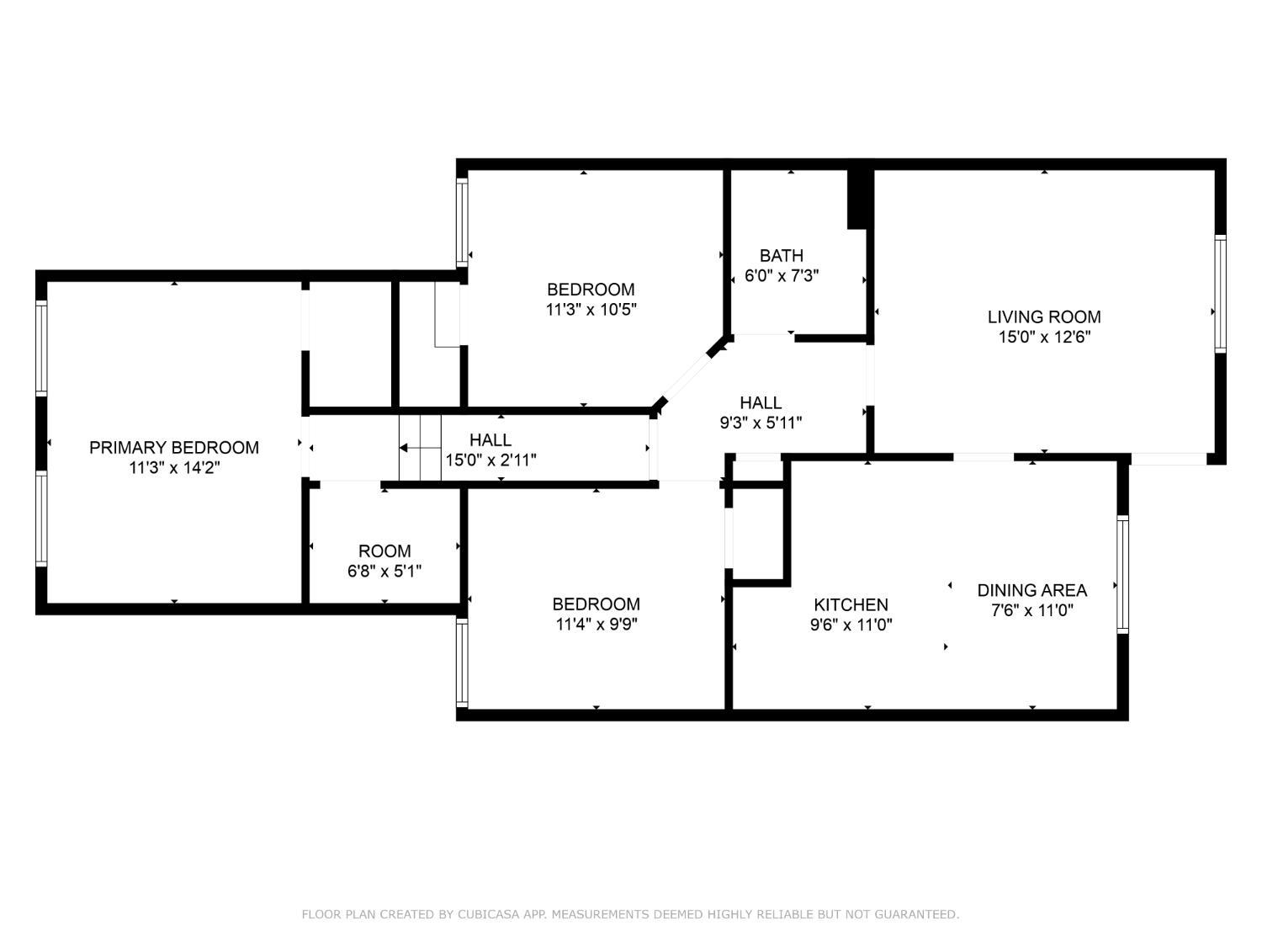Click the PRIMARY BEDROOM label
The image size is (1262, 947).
[x=174, y=448]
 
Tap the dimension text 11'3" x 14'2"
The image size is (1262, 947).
[x=174, y=468]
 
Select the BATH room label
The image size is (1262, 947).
[x=781, y=256]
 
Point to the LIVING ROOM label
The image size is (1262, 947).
[x=1043, y=317]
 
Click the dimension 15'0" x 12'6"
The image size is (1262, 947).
[x=1043, y=338]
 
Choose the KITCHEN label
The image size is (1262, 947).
[x=851, y=605]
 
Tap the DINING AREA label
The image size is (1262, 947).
[x=1031, y=591]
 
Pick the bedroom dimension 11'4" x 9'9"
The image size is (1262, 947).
[x=596, y=625]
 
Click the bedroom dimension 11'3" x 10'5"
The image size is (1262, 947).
[x=591, y=310]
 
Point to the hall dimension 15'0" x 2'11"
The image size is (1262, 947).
[x=490, y=460]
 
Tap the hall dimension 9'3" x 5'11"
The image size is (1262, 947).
[x=761, y=423]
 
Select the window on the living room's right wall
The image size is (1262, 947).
[x=1220, y=293]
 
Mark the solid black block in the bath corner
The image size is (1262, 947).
[x=857, y=199]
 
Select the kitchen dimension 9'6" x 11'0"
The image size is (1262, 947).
[x=851, y=625]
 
